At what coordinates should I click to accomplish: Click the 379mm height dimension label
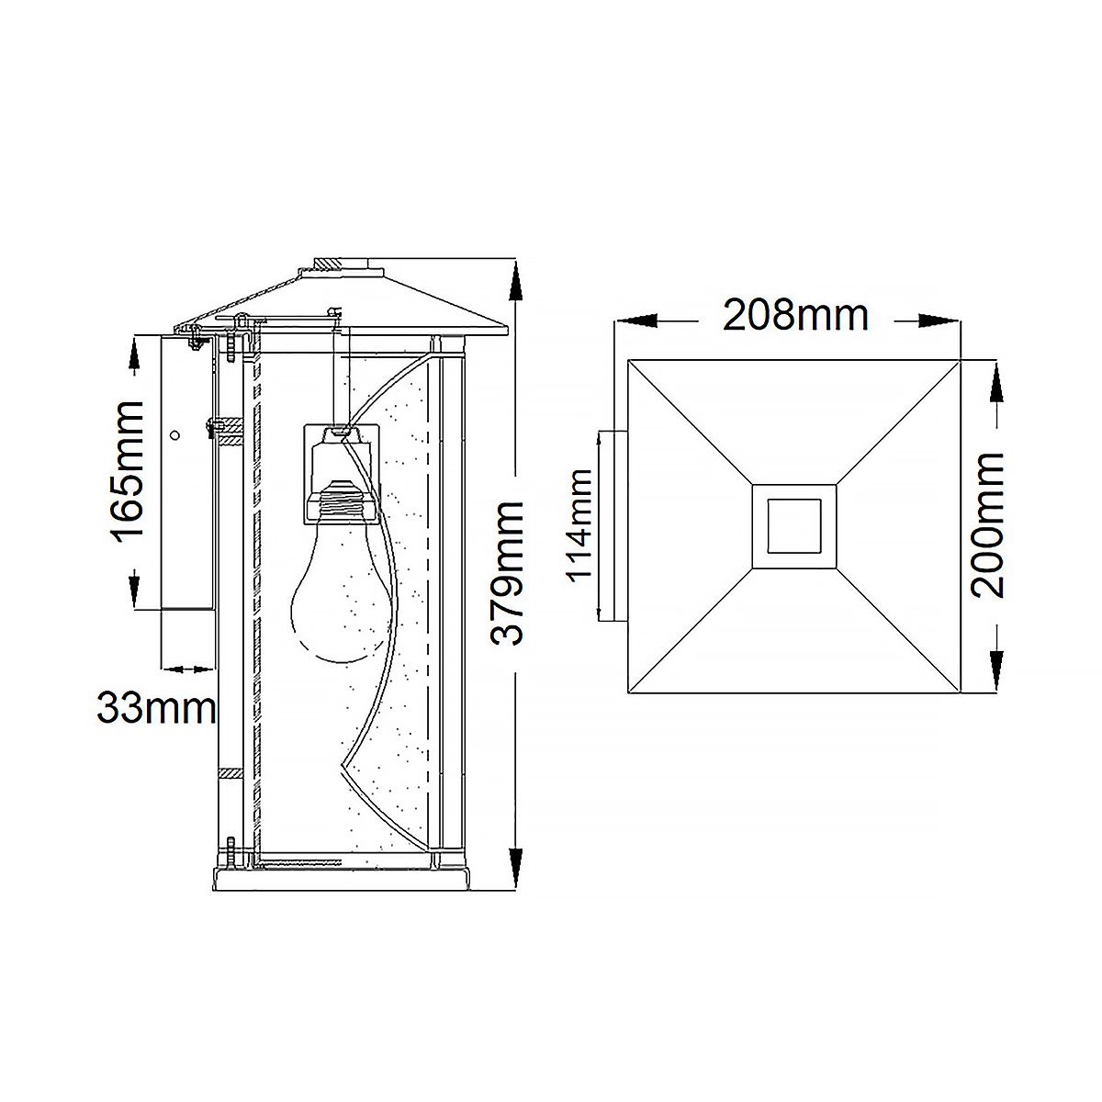pyautogui.click(x=508, y=573)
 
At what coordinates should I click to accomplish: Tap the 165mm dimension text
pyautogui.click(x=126, y=472)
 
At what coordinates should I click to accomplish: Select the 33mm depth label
pyautogui.click(x=156, y=708)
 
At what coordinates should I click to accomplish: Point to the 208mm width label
pyautogui.click(x=795, y=315)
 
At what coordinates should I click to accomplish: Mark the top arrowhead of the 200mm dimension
pyautogui.click(x=995, y=380)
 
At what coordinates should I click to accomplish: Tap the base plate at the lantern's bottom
pyautogui.click(x=343, y=883)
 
